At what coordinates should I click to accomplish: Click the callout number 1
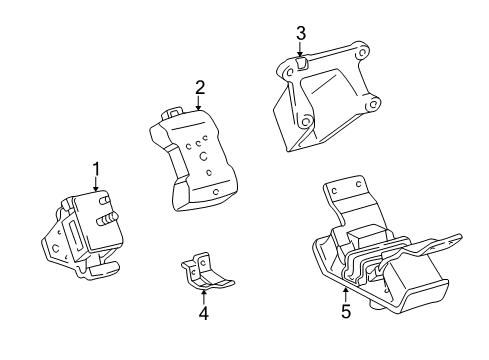[96, 168]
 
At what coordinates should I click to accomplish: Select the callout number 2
[200, 87]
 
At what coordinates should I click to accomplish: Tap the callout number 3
[300, 35]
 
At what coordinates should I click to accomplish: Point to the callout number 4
[203, 312]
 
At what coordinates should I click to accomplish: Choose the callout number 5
[345, 312]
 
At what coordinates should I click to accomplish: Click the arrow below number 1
[96, 184]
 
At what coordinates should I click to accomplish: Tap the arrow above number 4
[203, 294]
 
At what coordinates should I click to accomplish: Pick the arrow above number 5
[345, 293]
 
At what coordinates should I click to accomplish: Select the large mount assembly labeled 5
[380, 250]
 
